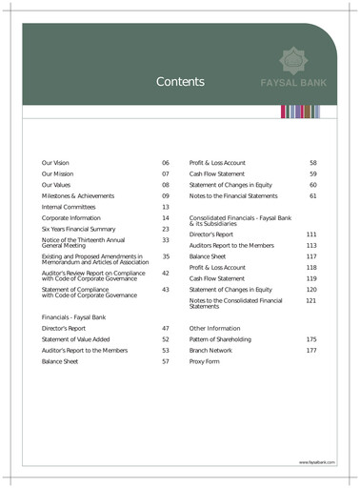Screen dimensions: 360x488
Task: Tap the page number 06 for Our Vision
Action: [x=165, y=164]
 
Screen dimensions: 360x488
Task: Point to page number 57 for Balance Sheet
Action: [x=165, y=362]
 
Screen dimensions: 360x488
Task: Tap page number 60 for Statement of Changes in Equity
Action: [x=312, y=185]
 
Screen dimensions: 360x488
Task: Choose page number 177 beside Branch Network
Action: [x=310, y=351]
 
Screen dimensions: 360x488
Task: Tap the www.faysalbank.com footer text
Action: [x=314, y=462]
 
